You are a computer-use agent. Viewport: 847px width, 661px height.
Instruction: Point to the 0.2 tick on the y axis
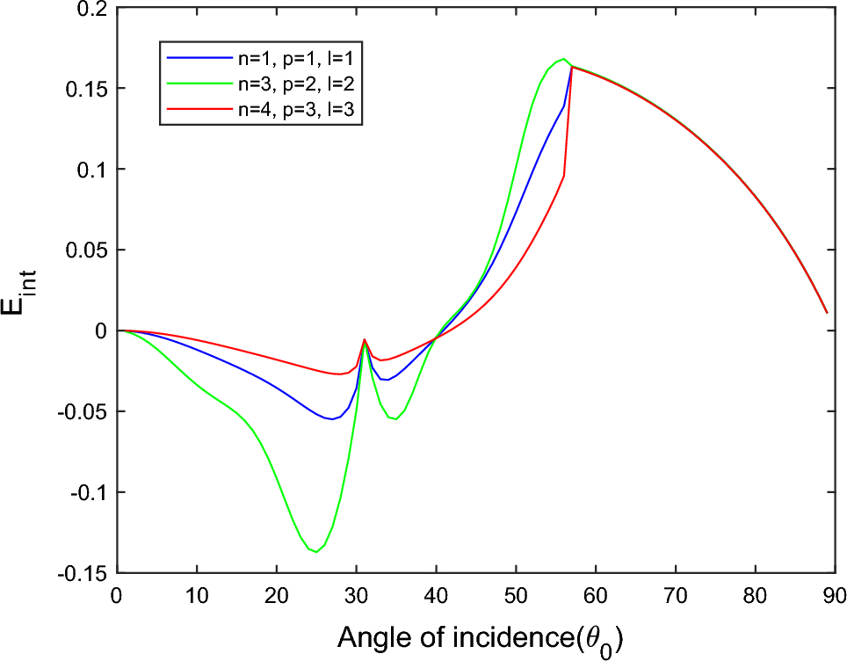(x=93, y=8)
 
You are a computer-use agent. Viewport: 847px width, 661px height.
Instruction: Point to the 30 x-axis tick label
(x=356, y=595)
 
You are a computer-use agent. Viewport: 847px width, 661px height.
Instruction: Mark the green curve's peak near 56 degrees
(x=562, y=59)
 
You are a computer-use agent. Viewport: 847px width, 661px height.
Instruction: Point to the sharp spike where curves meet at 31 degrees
(x=364, y=339)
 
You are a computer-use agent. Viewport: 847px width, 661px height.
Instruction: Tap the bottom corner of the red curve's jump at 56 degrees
(x=563, y=175)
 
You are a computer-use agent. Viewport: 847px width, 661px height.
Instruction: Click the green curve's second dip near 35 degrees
(x=396, y=419)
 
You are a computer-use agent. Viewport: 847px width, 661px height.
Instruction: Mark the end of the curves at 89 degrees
(x=826, y=312)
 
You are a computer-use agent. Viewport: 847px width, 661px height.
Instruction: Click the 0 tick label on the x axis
(x=117, y=595)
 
